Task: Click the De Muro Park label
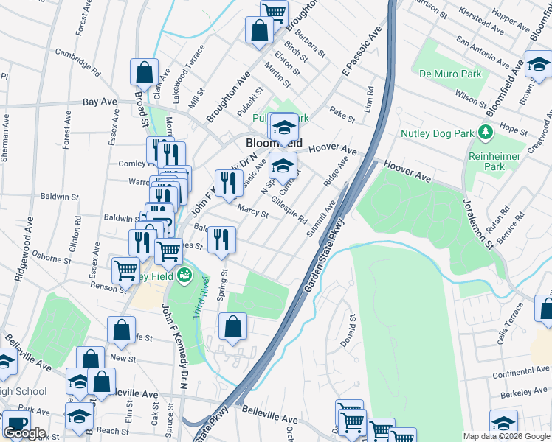point(450,74)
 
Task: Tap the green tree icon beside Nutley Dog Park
point(485,133)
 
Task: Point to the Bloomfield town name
point(275,143)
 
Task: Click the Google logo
point(24,432)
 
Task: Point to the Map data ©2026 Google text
point(506,436)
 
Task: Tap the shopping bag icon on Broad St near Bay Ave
point(144,72)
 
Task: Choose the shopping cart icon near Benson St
point(126,270)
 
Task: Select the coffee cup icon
point(15,425)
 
